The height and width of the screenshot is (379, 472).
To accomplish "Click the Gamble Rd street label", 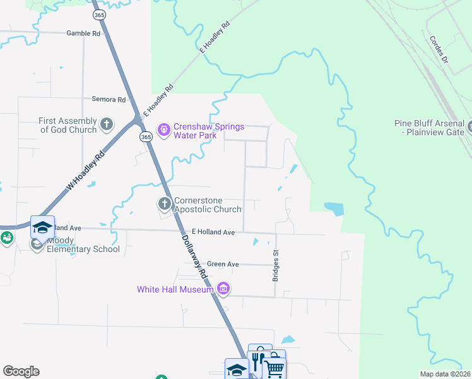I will [x=83, y=33].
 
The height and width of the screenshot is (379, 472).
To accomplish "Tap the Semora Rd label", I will [x=109, y=99].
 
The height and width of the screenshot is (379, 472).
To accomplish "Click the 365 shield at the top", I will [x=98, y=14].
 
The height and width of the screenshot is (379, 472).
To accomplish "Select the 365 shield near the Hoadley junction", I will [x=146, y=137].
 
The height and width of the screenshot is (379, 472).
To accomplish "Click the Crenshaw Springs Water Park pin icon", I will [x=164, y=130].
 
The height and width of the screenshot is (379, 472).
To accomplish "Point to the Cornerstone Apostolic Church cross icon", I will [x=164, y=203].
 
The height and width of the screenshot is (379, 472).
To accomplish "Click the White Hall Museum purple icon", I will [x=223, y=289].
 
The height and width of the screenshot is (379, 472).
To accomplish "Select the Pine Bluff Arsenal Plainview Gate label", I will [x=429, y=128].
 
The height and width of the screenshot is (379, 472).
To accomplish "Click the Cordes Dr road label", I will [x=438, y=49].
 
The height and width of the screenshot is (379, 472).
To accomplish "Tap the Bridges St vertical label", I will [x=276, y=265].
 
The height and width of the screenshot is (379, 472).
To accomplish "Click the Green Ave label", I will [x=223, y=264].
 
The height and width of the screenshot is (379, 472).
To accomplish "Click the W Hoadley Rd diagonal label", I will [x=85, y=172].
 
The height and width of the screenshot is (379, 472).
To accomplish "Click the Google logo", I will [x=21, y=371].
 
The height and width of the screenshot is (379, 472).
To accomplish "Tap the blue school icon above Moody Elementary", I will [x=43, y=227].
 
